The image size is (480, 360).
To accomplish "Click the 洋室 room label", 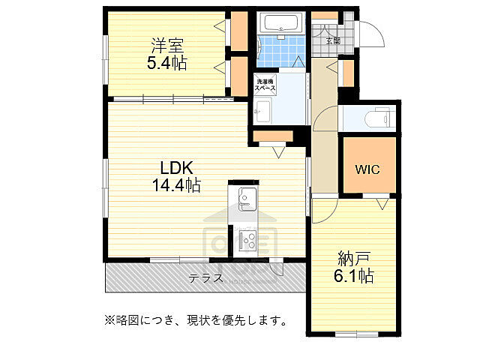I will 166,46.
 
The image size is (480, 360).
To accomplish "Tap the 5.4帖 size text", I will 166,63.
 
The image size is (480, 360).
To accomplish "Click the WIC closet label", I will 367,169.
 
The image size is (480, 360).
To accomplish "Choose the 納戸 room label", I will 355,259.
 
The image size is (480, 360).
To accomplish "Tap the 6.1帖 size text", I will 355,277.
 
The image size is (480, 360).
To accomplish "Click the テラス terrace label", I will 205,278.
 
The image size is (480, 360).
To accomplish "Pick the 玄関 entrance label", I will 332,40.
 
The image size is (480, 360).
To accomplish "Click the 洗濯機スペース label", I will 265,85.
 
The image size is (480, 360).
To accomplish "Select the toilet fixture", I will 379,118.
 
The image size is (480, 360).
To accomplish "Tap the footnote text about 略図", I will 196,320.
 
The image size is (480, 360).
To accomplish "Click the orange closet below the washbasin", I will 271,136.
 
